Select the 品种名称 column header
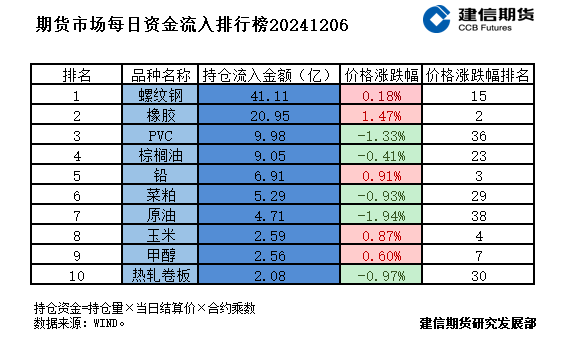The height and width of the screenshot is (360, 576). click(x=160, y=75)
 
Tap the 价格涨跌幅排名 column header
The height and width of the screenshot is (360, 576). click(x=478, y=75)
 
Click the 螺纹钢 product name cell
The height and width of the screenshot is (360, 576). click(x=160, y=96)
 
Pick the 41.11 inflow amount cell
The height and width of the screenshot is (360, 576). click(x=269, y=96)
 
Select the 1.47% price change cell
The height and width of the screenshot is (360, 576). click(x=381, y=115)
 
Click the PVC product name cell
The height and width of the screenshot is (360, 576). click(x=160, y=135)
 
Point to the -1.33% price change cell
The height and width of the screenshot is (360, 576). click(x=381, y=135)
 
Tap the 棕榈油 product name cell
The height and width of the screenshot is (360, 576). click(x=160, y=155)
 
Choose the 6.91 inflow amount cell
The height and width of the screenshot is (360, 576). click(x=269, y=174)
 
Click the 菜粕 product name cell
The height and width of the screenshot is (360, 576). click(x=160, y=193)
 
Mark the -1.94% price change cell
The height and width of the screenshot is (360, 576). click(x=381, y=213)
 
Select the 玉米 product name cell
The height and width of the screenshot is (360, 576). click(x=160, y=232)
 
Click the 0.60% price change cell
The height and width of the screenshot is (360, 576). click(x=381, y=252)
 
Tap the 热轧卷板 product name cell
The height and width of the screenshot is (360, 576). click(x=160, y=271)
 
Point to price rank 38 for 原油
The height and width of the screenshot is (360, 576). click(x=478, y=213)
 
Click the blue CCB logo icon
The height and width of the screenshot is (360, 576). click(x=437, y=21)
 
